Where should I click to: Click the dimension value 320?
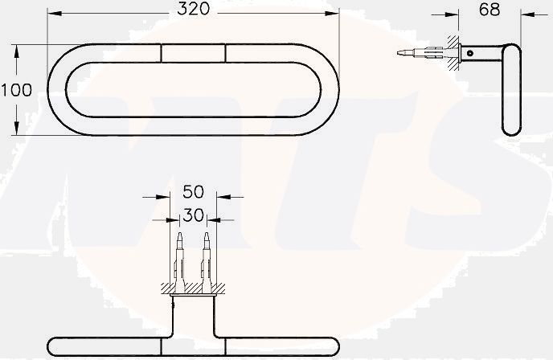tap(193, 10)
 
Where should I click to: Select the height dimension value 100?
tap(16, 90)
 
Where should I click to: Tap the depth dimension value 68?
tap(489, 10)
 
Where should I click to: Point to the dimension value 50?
tap(193, 193)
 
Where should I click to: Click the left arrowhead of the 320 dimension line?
tap(53, 13)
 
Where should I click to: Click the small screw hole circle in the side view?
tap(469, 52)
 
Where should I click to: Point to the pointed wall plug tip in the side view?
tap(402, 53)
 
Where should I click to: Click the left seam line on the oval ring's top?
tap(161, 53)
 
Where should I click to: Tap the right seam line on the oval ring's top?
tap(226, 53)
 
